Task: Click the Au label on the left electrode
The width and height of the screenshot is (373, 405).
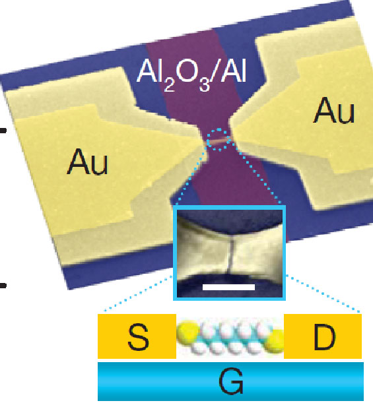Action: [x=87, y=163]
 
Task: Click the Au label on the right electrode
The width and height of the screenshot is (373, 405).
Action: [x=333, y=110]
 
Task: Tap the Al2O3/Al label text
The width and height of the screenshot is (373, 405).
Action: [x=191, y=75]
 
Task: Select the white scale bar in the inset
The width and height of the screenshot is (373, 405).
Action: [x=229, y=287]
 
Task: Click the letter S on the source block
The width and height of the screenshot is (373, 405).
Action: [x=138, y=337]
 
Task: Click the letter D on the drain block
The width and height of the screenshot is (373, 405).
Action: [x=324, y=337]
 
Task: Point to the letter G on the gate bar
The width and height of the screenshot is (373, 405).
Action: [x=231, y=381]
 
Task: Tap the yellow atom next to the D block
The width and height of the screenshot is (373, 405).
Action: [x=275, y=342]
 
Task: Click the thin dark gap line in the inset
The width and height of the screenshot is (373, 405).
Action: [x=230, y=256]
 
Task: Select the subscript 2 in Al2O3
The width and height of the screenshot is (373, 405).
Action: [x=168, y=86]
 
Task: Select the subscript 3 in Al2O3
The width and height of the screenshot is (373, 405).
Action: [x=204, y=86]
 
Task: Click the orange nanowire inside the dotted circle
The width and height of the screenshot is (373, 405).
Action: [x=219, y=141]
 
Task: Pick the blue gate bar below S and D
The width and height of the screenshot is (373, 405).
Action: [x=230, y=381]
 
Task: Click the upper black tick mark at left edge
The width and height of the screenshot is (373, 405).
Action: [x=3, y=131]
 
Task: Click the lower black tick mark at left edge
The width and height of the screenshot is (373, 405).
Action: [x=3, y=286]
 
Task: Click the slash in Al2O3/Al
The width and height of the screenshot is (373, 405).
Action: [x=215, y=74]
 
